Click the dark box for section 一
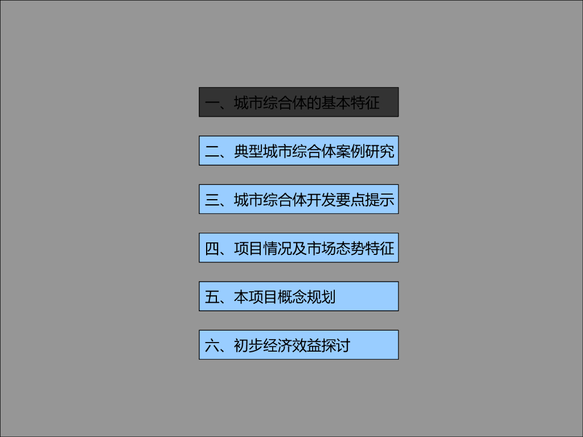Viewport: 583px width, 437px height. click(298, 102)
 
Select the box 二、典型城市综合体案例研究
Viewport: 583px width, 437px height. click(298, 151)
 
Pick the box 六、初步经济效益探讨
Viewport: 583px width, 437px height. click(298, 345)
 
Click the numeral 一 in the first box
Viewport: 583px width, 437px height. click(212, 104)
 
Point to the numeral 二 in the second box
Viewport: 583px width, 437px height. click(212, 152)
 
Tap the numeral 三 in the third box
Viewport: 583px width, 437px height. click(212, 200)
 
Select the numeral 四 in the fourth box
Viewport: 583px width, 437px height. click(212, 249)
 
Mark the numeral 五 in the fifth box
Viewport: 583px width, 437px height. click(212, 297)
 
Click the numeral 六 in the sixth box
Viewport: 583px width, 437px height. click(212, 345)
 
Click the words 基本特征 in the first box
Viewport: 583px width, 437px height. click(350, 104)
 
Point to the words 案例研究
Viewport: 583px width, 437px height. click(365, 152)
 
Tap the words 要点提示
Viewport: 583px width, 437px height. click(365, 200)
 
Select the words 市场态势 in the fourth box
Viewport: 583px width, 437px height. click(335, 249)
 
